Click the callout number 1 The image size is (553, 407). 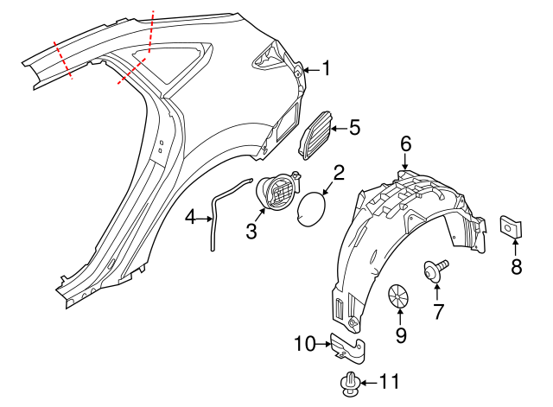click(327, 68)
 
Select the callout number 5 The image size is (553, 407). click(355, 127)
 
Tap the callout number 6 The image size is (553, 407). click(405, 144)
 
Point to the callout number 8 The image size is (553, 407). click(517, 266)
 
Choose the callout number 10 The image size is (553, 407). click(305, 343)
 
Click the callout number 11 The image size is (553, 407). click(390, 381)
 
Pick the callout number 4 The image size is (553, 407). click(190, 217)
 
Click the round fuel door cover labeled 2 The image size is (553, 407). click(311, 209)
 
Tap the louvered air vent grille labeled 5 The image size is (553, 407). click(315, 135)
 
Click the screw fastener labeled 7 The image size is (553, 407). click(435, 270)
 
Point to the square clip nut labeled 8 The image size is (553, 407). click(511, 226)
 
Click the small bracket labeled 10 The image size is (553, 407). click(347, 347)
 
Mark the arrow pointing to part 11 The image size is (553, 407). click(369, 383)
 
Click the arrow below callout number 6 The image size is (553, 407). click(405, 162)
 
